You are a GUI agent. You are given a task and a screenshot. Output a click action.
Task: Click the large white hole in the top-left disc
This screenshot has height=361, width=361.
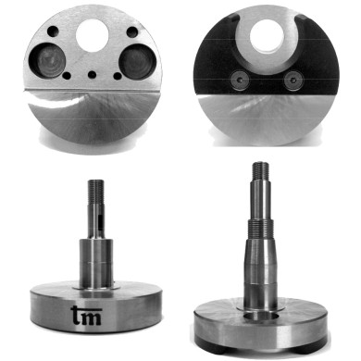point(92,36)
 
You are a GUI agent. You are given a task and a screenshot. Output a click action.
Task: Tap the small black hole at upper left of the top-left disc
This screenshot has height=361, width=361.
point(53,31)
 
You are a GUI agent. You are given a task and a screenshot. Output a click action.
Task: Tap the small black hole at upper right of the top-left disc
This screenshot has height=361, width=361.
point(132,31)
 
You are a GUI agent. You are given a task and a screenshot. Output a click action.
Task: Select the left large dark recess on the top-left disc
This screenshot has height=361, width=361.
point(48,60)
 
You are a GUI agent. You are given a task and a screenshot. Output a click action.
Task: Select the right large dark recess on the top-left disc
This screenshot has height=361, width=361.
point(136,62)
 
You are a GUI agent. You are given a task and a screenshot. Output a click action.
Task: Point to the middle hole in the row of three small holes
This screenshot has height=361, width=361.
point(92,75)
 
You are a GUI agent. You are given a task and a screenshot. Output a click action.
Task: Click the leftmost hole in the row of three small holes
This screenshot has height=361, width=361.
point(66,75)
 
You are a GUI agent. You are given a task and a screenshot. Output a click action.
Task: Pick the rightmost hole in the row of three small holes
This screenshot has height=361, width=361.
point(118,76)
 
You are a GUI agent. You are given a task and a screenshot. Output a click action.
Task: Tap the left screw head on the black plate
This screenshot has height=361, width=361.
point(240,80)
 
